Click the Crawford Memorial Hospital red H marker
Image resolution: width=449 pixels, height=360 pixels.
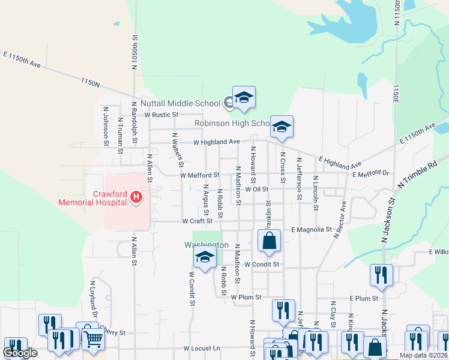coord(137,196)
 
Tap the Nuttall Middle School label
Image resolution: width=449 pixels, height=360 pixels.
coord(180,103)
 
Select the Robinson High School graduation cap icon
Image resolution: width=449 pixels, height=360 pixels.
coord(282,127)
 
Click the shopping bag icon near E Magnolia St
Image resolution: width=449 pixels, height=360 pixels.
coord(270,241)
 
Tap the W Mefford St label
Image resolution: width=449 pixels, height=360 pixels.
coord(200,175)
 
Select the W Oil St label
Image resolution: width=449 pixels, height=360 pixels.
coord(255,189)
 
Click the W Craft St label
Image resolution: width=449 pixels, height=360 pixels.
coord(197,221)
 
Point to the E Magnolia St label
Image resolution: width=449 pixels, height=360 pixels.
coord(312,229)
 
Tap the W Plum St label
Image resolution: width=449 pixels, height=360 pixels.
coord(246,297)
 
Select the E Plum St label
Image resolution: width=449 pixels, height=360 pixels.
coord(364,298)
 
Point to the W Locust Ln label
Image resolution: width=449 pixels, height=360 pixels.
coord(202,348)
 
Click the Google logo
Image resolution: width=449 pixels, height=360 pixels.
coord(20,353)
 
